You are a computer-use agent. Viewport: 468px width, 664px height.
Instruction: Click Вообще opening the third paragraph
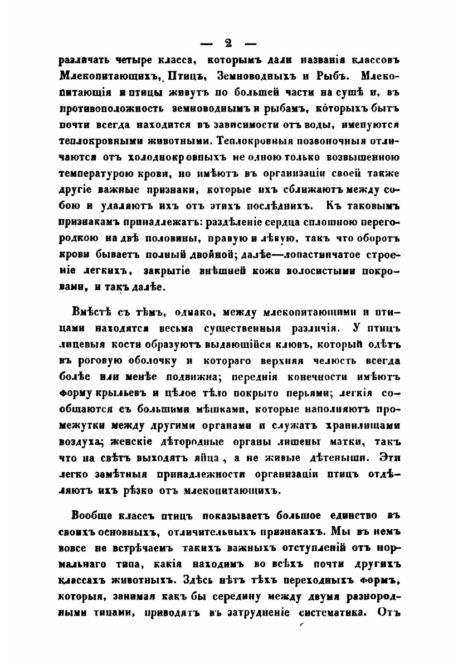click(91, 513)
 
